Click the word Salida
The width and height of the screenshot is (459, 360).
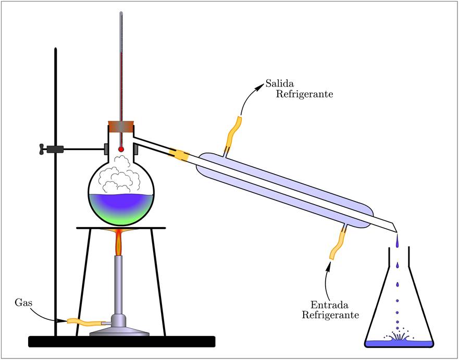pyautogui.click(x=281, y=83)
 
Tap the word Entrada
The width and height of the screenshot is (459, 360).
pyautogui.click(x=329, y=305)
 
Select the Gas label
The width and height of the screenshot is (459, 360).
pyautogui.click(x=24, y=302)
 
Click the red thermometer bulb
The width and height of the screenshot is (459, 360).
pyautogui.click(x=121, y=149)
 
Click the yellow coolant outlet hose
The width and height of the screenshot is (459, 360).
pyautogui.click(x=233, y=134)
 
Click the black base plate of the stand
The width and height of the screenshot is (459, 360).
pyautogui.click(x=121, y=341)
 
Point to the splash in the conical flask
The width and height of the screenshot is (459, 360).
pyautogui.click(x=398, y=337)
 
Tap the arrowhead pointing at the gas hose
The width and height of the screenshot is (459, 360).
pyautogui.click(x=63, y=321)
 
